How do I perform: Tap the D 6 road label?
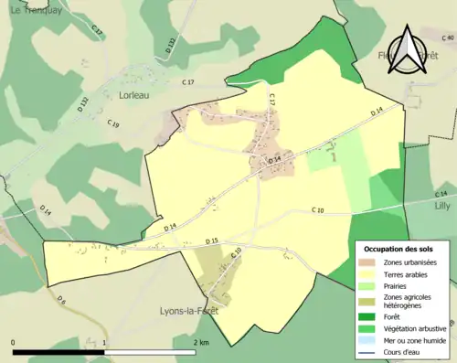click(61, 299)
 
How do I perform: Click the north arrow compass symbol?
click(406, 51)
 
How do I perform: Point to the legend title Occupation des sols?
click(399, 249)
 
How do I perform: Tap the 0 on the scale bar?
click(14, 341)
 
